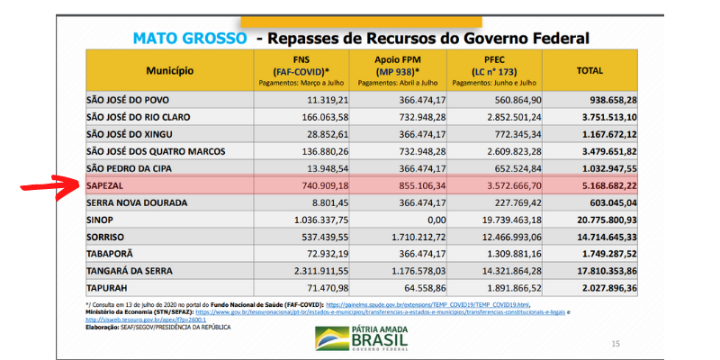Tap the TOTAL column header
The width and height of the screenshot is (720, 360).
tap(590, 69)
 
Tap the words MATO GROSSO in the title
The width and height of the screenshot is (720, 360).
tap(189, 38)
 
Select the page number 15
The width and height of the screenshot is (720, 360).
tap(616, 343)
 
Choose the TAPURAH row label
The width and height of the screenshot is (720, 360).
tap(112, 287)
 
